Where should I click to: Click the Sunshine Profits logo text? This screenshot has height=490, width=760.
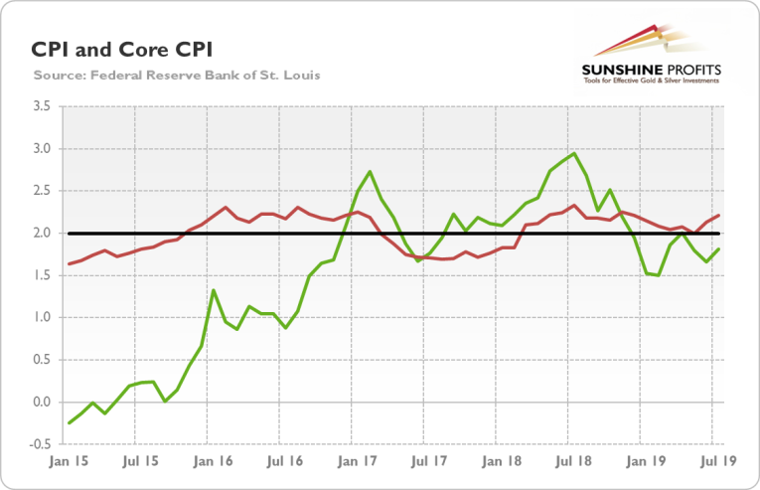click(651, 70)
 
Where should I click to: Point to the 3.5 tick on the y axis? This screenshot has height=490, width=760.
click(43, 106)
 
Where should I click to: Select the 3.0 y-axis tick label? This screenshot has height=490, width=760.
click(43, 149)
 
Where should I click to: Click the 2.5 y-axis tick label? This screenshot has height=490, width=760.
click(43, 191)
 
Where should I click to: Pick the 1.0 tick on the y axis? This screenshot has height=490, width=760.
click(43, 318)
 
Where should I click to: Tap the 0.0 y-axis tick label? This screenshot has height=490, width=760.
click(43, 403)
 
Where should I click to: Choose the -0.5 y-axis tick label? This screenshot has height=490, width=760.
click(41, 444)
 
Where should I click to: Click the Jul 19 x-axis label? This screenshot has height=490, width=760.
click(709, 463)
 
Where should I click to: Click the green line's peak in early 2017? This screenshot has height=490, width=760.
click(370, 172)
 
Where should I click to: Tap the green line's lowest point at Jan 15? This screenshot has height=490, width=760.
click(69, 423)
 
